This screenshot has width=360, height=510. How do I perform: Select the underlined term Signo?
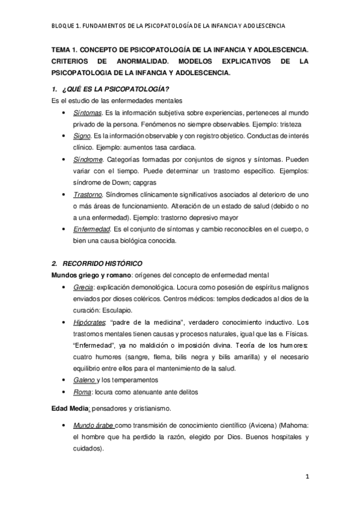coord(82,136)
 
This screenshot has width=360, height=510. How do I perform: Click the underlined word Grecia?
coord(83,287)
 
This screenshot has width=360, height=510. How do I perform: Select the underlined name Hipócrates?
coord(90,322)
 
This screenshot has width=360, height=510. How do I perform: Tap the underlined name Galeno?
coord(84,380)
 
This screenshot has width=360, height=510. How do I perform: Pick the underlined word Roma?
coord(82,392)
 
